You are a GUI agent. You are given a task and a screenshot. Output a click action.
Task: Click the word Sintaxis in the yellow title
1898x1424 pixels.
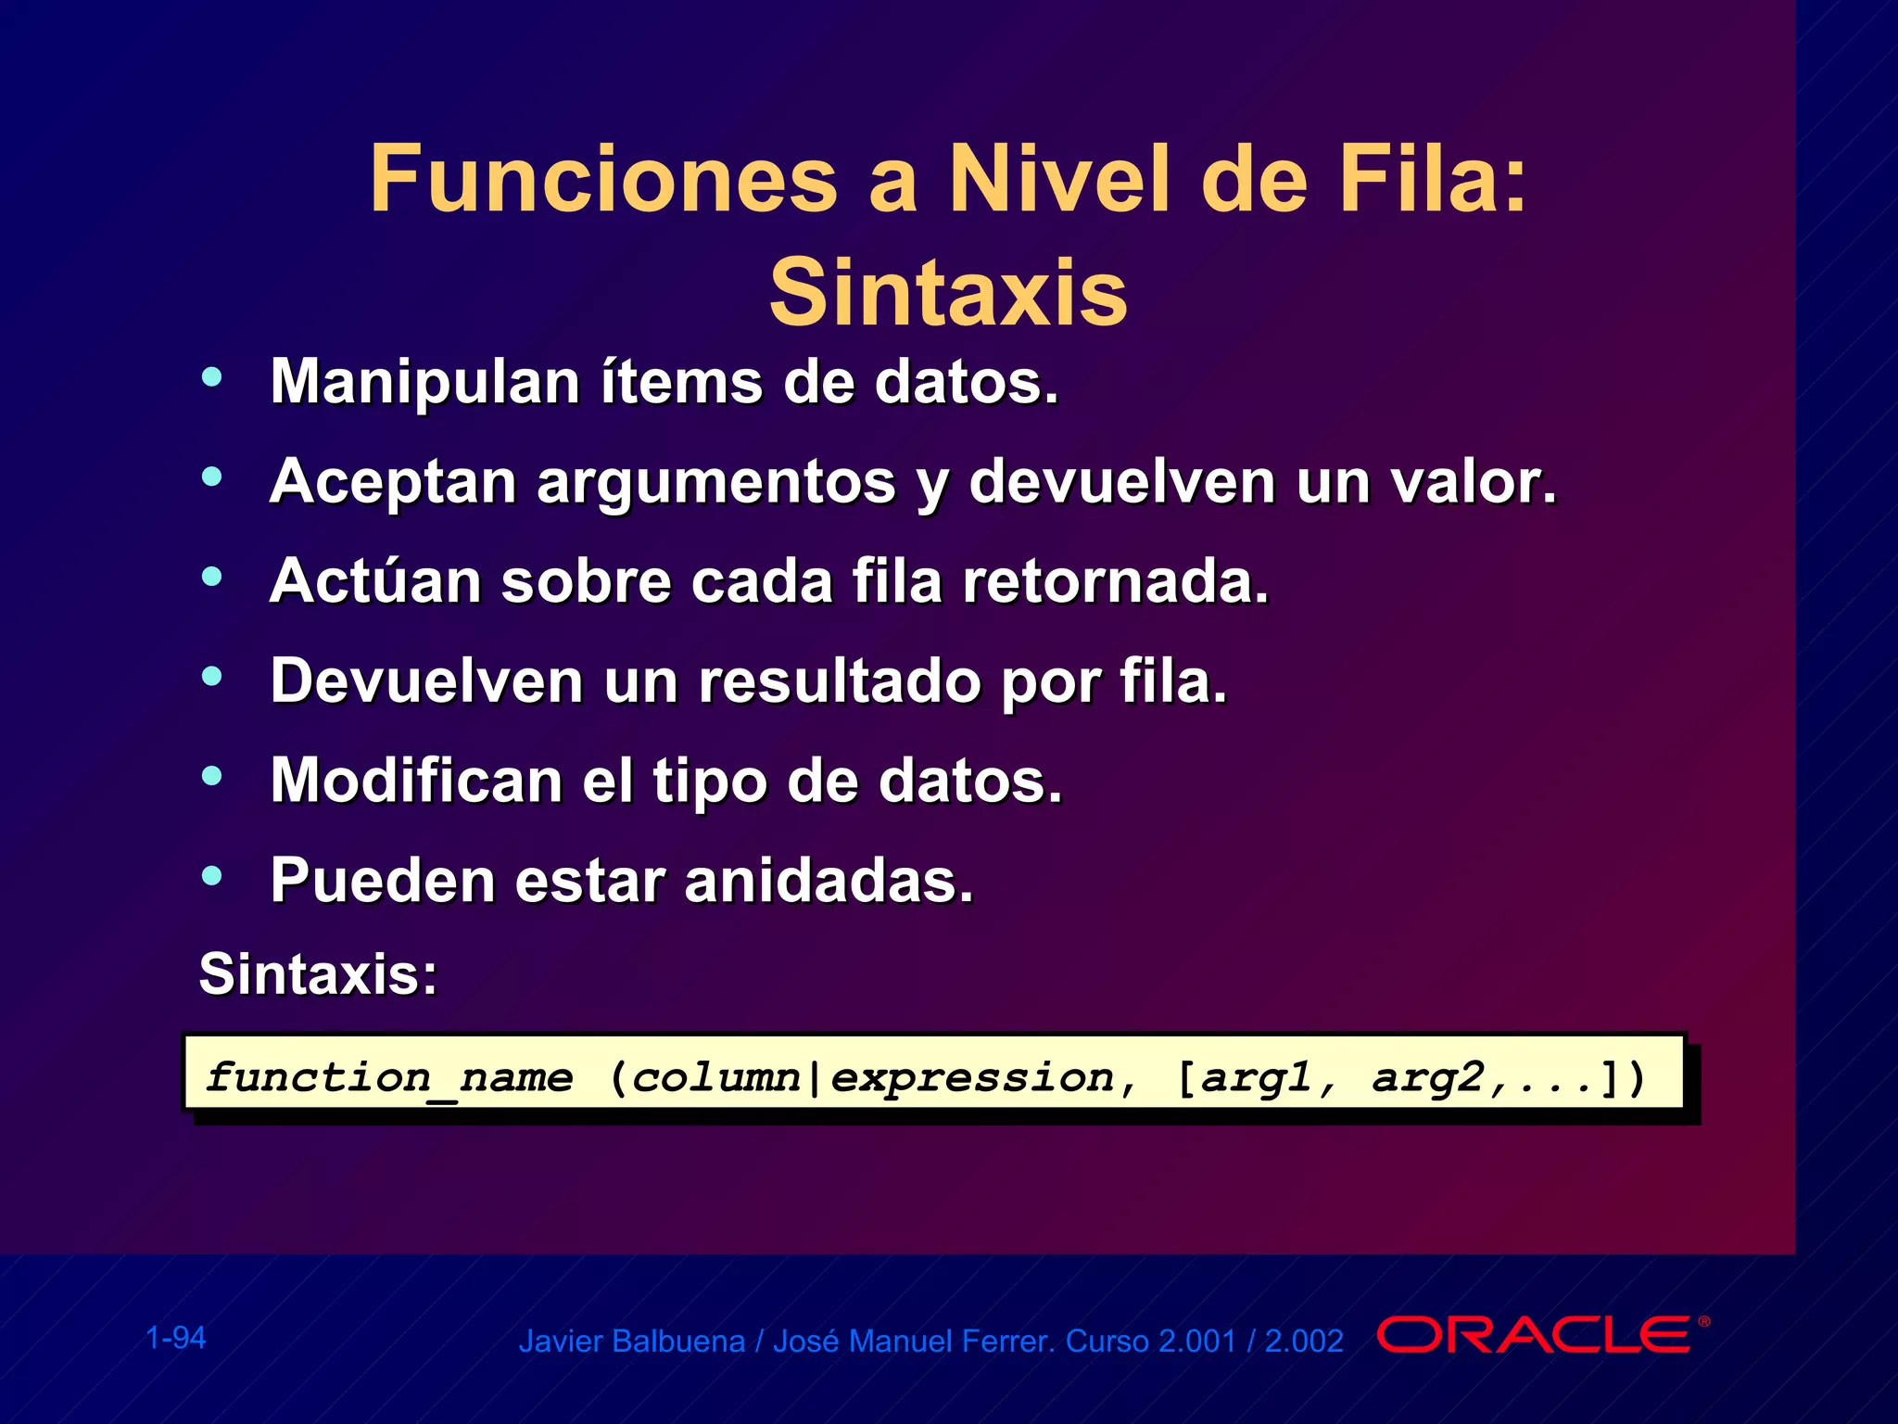[x=948, y=293]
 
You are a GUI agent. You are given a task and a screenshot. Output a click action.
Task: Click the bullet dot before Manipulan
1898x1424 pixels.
[x=212, y=376]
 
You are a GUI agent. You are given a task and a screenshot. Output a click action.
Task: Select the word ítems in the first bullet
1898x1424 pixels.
[x=681, y=382]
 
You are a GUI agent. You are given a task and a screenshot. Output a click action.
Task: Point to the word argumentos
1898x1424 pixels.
[x=716, y=482]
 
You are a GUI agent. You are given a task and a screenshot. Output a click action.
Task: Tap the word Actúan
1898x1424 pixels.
[x=375, y=581]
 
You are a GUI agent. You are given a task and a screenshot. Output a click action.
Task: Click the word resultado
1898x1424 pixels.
[x=840, y=681]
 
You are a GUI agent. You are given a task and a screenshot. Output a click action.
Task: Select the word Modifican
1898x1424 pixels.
[x=416, y=781]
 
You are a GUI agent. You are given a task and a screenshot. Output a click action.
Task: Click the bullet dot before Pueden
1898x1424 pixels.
[x=212, y=875]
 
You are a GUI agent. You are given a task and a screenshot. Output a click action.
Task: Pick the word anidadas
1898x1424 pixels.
[x=829, y=881]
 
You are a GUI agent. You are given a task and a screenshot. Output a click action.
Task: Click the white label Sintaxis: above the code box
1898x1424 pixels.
[x=318, y=974]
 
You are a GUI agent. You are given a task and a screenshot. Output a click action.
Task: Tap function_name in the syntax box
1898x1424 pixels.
[x=389, y=1078]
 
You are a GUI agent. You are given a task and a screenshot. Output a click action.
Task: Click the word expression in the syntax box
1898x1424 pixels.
[x=972, y=1078]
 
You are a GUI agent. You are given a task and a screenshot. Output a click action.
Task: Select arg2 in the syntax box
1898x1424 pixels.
[x=1427, y=1078]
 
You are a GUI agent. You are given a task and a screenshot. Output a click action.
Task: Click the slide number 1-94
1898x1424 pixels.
[x=176, y=1338]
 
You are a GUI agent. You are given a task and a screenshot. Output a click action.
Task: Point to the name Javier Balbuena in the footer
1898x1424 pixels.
[x=631, y=1341]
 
